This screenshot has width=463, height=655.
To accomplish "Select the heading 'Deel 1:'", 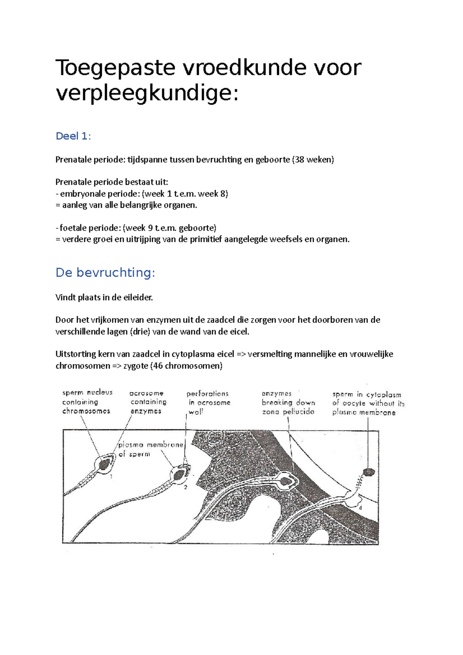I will tap(73, 136).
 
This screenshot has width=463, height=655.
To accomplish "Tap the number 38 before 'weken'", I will tap(299, 160).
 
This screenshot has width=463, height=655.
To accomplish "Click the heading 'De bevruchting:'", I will tap(105, 273).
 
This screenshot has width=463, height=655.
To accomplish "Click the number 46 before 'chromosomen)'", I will tap(158, 366).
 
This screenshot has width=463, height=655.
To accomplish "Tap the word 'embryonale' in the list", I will tap(79, 194).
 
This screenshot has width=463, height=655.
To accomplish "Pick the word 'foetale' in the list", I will tap(73, 228).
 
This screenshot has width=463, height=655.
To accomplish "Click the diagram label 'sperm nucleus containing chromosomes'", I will tap(87, 402).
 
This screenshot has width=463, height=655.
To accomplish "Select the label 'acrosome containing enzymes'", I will tap(147, 402).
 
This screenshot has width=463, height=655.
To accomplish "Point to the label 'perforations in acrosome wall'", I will tap(208, 402).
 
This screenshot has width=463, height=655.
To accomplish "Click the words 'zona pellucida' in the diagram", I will tap(288, 412).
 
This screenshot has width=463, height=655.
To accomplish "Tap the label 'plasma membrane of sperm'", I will tap(150, 449).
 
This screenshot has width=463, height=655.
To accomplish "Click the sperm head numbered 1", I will tap(105, 464).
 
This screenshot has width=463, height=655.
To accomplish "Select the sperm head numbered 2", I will tap(179, 475).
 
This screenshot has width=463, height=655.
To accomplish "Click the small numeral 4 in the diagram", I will tap(360, 508).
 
